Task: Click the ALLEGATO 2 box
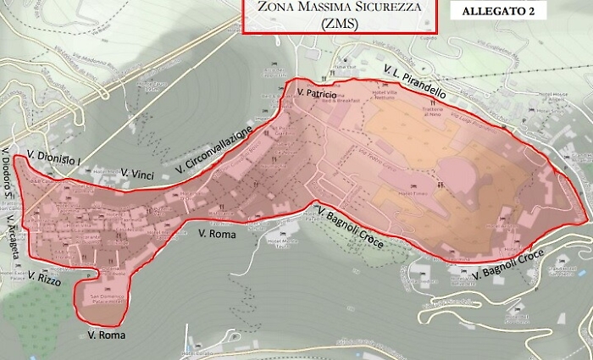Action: point(500,11)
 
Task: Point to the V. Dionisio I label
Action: point(53,158)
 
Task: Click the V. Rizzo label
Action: point(44,277)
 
